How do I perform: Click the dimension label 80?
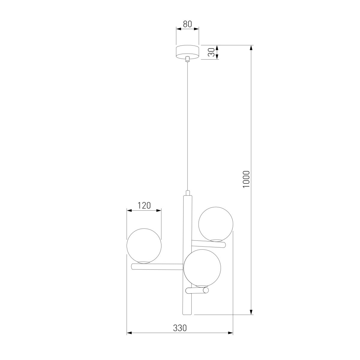coord(187,24)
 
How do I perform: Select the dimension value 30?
coord(211,52)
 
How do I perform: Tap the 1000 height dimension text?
coord(246,179)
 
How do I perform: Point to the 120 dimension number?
coord(144,205)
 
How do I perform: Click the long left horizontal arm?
coord(157,267)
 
